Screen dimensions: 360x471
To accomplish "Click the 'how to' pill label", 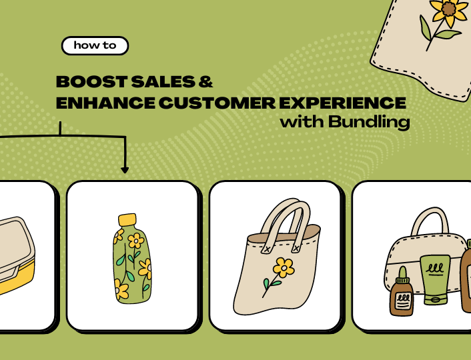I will click(94, 46).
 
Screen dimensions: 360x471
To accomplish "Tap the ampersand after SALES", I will click(206, 82).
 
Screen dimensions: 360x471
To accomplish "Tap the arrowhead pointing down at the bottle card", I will click(125, 170).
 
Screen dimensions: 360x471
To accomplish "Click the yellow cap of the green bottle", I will click(127, 220).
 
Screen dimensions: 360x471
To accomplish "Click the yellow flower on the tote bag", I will click(284, 268).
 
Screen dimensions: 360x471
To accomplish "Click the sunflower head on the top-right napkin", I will click(448, 10).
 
